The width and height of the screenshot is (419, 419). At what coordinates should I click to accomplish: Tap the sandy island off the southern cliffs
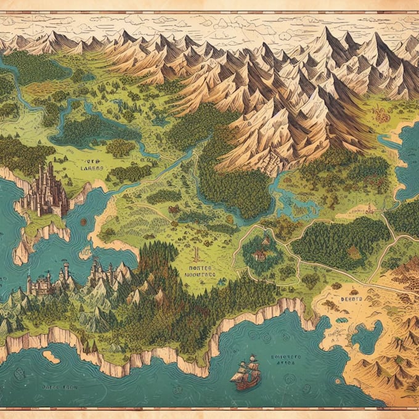[51, 357]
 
